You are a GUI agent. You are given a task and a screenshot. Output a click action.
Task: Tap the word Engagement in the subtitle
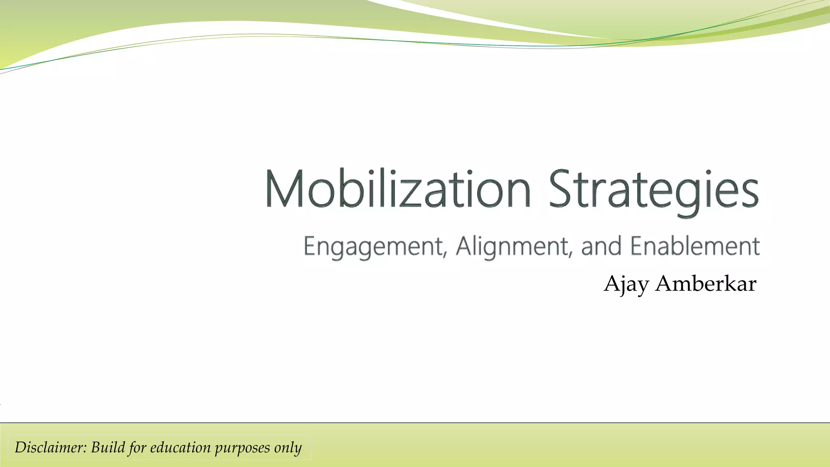[373, 246]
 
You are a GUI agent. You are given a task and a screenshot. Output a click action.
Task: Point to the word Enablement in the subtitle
[695, 246]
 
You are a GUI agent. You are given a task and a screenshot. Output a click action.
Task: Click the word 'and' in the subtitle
[601, 246]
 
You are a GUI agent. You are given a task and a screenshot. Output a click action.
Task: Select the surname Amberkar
[706, 283]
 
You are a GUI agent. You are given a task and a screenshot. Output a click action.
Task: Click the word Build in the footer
[108, 447]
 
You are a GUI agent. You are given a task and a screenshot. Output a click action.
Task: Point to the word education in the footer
[180, 447]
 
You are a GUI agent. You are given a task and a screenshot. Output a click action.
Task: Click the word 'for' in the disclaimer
[137, 448]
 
